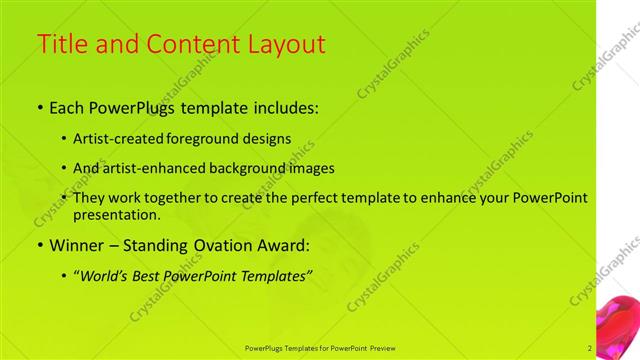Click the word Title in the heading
(59, 45)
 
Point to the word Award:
(283, 244)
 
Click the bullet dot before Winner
(39, 245)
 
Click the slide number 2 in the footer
(590, 348)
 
